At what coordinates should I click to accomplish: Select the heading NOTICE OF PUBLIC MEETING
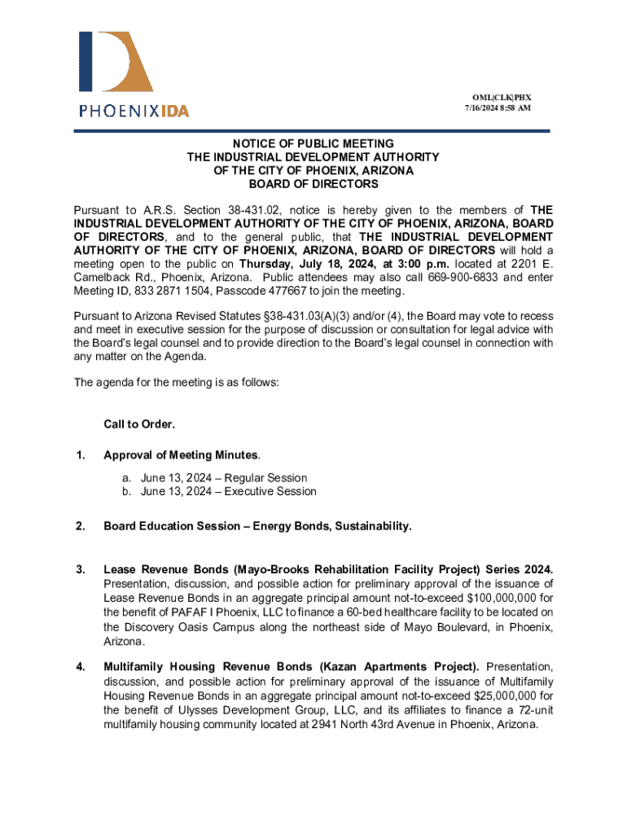click(313, 143)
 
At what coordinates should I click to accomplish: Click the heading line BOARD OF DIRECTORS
click(313, 185)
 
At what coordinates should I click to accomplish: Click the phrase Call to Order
click(139, 424)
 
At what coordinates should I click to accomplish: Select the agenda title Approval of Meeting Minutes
click(181, 454)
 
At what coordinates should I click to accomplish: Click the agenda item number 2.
click(80, 526)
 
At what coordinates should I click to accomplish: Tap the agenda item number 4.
click(80, 668)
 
